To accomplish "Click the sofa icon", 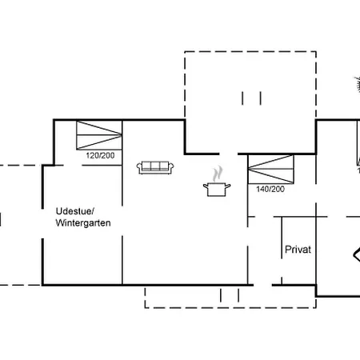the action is click(155, 167).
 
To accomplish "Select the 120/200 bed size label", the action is click(100, 155).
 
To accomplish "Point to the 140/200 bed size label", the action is click(270, 189).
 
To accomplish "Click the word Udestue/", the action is click(75, 211).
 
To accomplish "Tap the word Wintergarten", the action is click(83, 223).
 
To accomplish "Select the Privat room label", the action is click(298, 250).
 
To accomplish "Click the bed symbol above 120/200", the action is click(99, 135).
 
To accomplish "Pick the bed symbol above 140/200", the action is click(270, 170).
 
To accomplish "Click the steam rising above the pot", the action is click(218, 174).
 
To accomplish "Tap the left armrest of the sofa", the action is click(139, 168).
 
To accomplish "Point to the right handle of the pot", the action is click(228, 186).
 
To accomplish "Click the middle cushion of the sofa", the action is click(155, 166).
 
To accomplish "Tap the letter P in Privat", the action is click(288, 250).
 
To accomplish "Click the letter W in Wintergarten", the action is click(59, 223).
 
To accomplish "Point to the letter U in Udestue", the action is click(59, 211).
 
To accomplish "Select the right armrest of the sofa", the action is click(171, 168).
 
